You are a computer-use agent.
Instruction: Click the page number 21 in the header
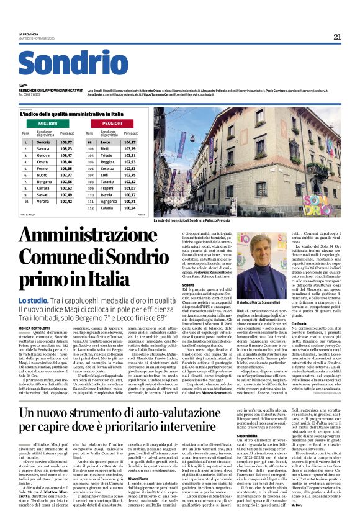point(337,37)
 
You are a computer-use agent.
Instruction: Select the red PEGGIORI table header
point(112,124)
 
